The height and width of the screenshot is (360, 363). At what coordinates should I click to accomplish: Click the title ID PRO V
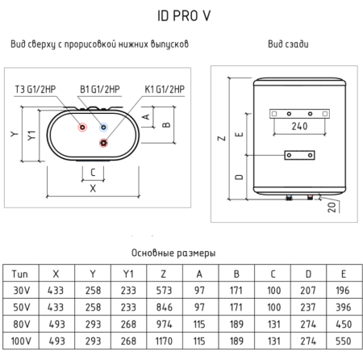click(181, 15)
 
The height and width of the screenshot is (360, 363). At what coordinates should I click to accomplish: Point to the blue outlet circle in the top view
click(102, 128)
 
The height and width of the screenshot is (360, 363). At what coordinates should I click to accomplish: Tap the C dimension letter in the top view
click(92, 172)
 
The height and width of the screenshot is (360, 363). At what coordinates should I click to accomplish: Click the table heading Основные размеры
click(181, 253)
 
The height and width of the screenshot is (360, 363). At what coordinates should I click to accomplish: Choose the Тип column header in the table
click(21, 274)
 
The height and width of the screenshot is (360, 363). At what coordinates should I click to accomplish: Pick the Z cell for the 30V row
click(165, 291)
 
